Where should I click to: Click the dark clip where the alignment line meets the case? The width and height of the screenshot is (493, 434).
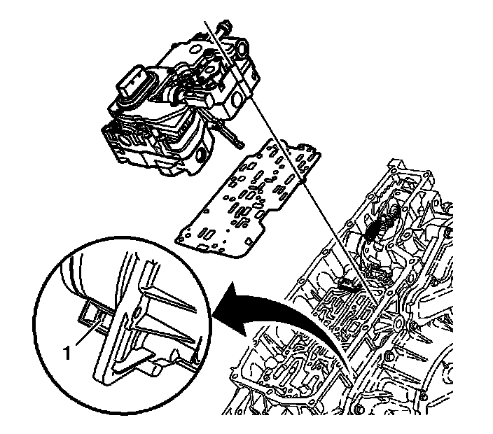pyautogui.click(x=349, y=283)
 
